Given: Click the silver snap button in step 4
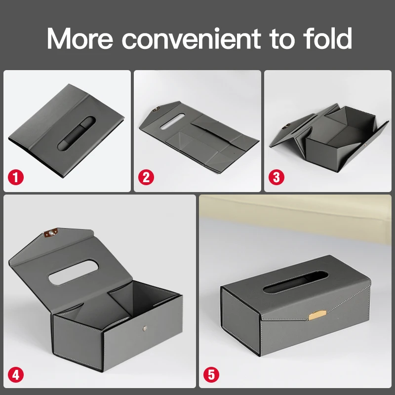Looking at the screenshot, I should (x=143, y=327).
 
